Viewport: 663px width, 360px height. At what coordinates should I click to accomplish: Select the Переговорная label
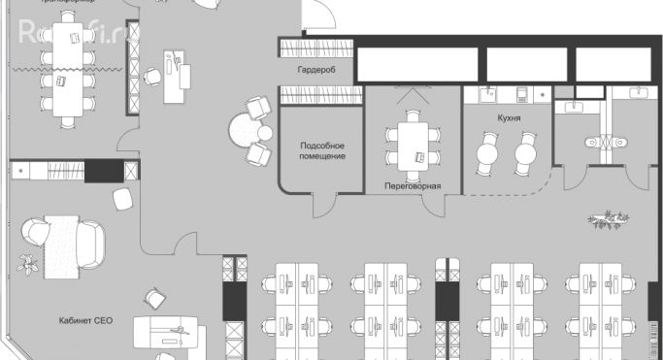[x=413, y=185]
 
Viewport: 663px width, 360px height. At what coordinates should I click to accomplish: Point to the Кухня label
[x=507, y=117]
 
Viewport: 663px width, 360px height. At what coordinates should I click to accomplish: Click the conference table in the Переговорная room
[x=414, y=147]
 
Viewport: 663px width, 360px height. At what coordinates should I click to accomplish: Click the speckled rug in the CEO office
[x=64, y=238]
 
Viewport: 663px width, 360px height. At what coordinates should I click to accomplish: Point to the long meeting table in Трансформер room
[x=67, y=68]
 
